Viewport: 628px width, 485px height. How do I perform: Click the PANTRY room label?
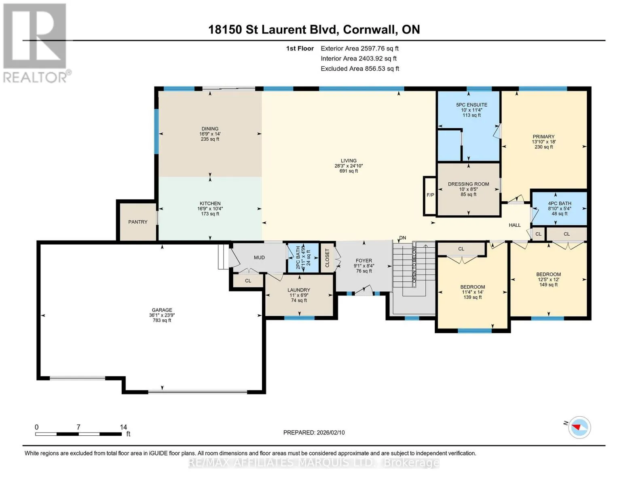point(137,222)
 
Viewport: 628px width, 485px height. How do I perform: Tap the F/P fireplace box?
point(430,196)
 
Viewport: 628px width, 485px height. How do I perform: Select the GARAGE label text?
point(162,310)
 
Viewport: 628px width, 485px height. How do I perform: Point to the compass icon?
point(579,428)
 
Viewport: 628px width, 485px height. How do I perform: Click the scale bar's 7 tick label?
point(78,427)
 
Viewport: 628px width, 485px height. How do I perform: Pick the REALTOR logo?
point(37,43)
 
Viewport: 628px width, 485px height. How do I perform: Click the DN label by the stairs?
point(402,238)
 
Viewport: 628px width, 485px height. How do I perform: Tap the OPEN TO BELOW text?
point(414,265)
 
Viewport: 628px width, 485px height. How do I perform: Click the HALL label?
point(514,225)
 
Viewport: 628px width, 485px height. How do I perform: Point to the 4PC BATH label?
point(560,203)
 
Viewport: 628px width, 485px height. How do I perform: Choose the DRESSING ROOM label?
point(468,184)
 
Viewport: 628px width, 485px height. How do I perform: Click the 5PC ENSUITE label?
point(472,105)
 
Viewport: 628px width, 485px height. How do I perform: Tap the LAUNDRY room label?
point(299,290)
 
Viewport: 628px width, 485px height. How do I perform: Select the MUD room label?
point(259,257)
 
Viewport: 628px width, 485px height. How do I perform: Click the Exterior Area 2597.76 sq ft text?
point(359,48)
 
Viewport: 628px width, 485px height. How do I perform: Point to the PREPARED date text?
point(314,432)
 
